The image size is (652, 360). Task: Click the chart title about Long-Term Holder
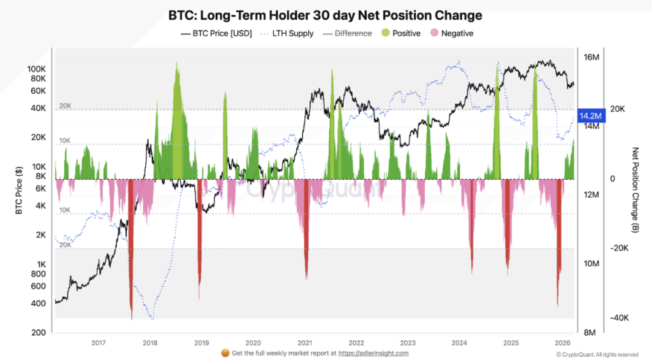325,15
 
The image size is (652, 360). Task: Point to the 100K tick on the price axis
36,68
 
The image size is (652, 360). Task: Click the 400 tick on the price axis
39,303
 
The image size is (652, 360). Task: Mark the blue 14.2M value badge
590,116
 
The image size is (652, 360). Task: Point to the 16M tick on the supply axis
592,57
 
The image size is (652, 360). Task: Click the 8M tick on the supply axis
590,333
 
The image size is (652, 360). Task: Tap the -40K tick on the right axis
620,318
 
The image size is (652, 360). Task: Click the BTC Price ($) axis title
19,190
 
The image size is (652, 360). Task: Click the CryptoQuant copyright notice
597,354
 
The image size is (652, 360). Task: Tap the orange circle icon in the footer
224,353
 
